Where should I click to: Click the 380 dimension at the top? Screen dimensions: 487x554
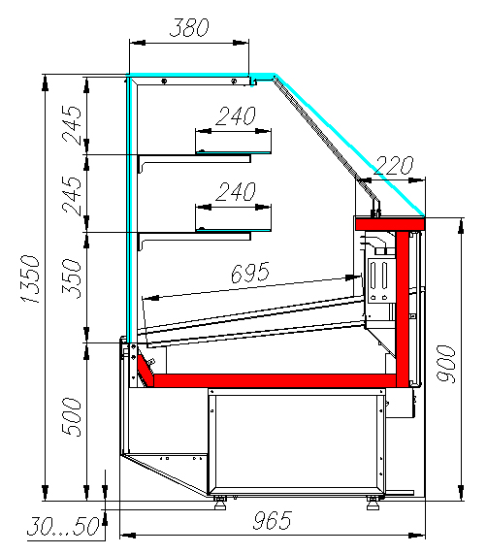[x=189, y=27]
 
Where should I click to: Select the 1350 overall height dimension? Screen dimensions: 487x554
[x=30, y=279]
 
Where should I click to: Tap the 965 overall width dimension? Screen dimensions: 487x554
[x=273, y=520]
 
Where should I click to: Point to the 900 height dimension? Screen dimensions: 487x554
[x=446, y=364]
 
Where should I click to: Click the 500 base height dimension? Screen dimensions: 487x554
[x=72, y=417]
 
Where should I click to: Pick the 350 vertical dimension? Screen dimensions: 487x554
[x=72, y=278]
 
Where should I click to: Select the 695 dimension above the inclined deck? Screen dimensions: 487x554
[x=250, y=273]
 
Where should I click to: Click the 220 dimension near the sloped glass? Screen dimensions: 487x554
[x=393, y=165]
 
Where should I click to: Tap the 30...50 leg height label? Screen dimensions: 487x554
[x=64, y=526]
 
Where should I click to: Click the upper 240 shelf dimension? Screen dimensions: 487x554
[x=236, y=115]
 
